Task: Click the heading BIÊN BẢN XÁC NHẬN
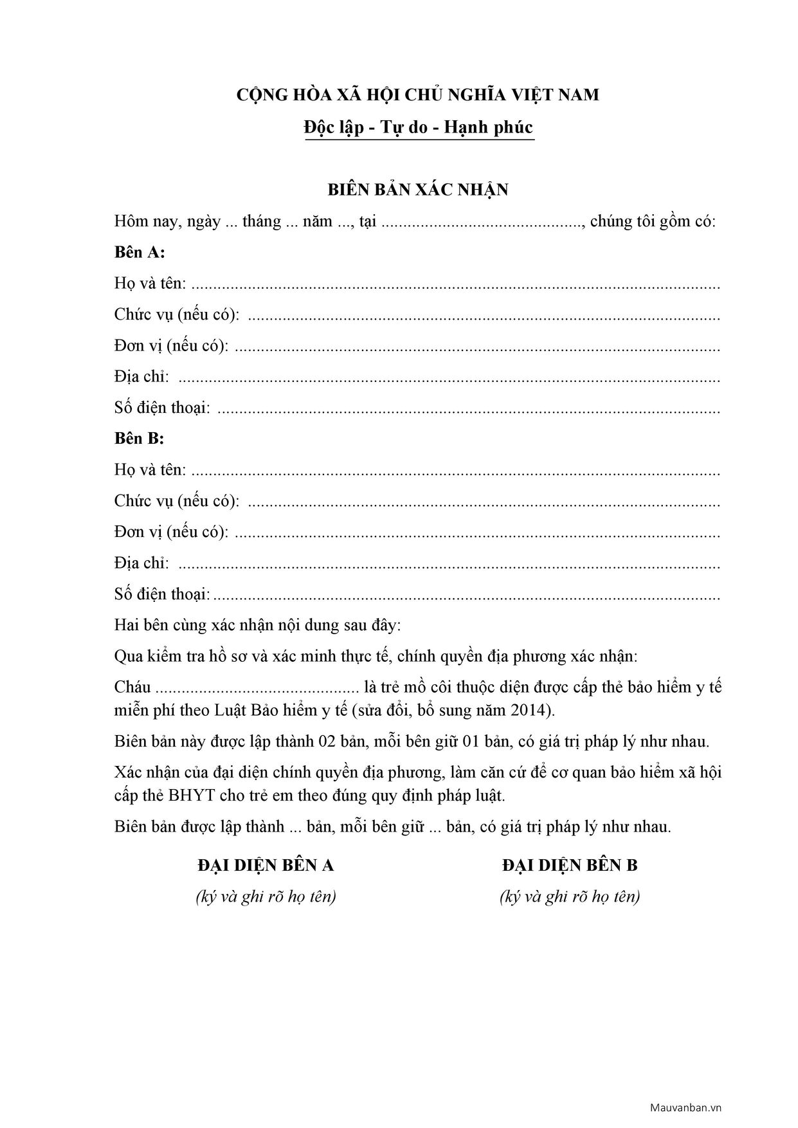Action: click(x=418, y=190)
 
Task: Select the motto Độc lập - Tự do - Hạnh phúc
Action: click(x=419, y=127)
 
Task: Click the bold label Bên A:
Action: click(x=140, y=252)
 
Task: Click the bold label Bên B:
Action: click(x=139, y=439)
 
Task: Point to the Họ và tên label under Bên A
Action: click(x=150, y=284)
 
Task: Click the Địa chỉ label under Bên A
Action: click(x=141, y=377)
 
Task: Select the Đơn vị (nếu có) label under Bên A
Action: click(x=171, y=345)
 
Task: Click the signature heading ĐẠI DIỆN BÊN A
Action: click(x=266, y=866)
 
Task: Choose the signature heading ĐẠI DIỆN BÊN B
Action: click(x=570, y=866)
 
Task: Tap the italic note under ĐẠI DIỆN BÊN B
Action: click(x=570, y=896)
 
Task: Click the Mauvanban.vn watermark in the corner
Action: click(x=685, y=1108)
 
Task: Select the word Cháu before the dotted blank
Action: click(x=132, y=687)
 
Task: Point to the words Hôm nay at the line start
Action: click(x=141, y=222)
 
